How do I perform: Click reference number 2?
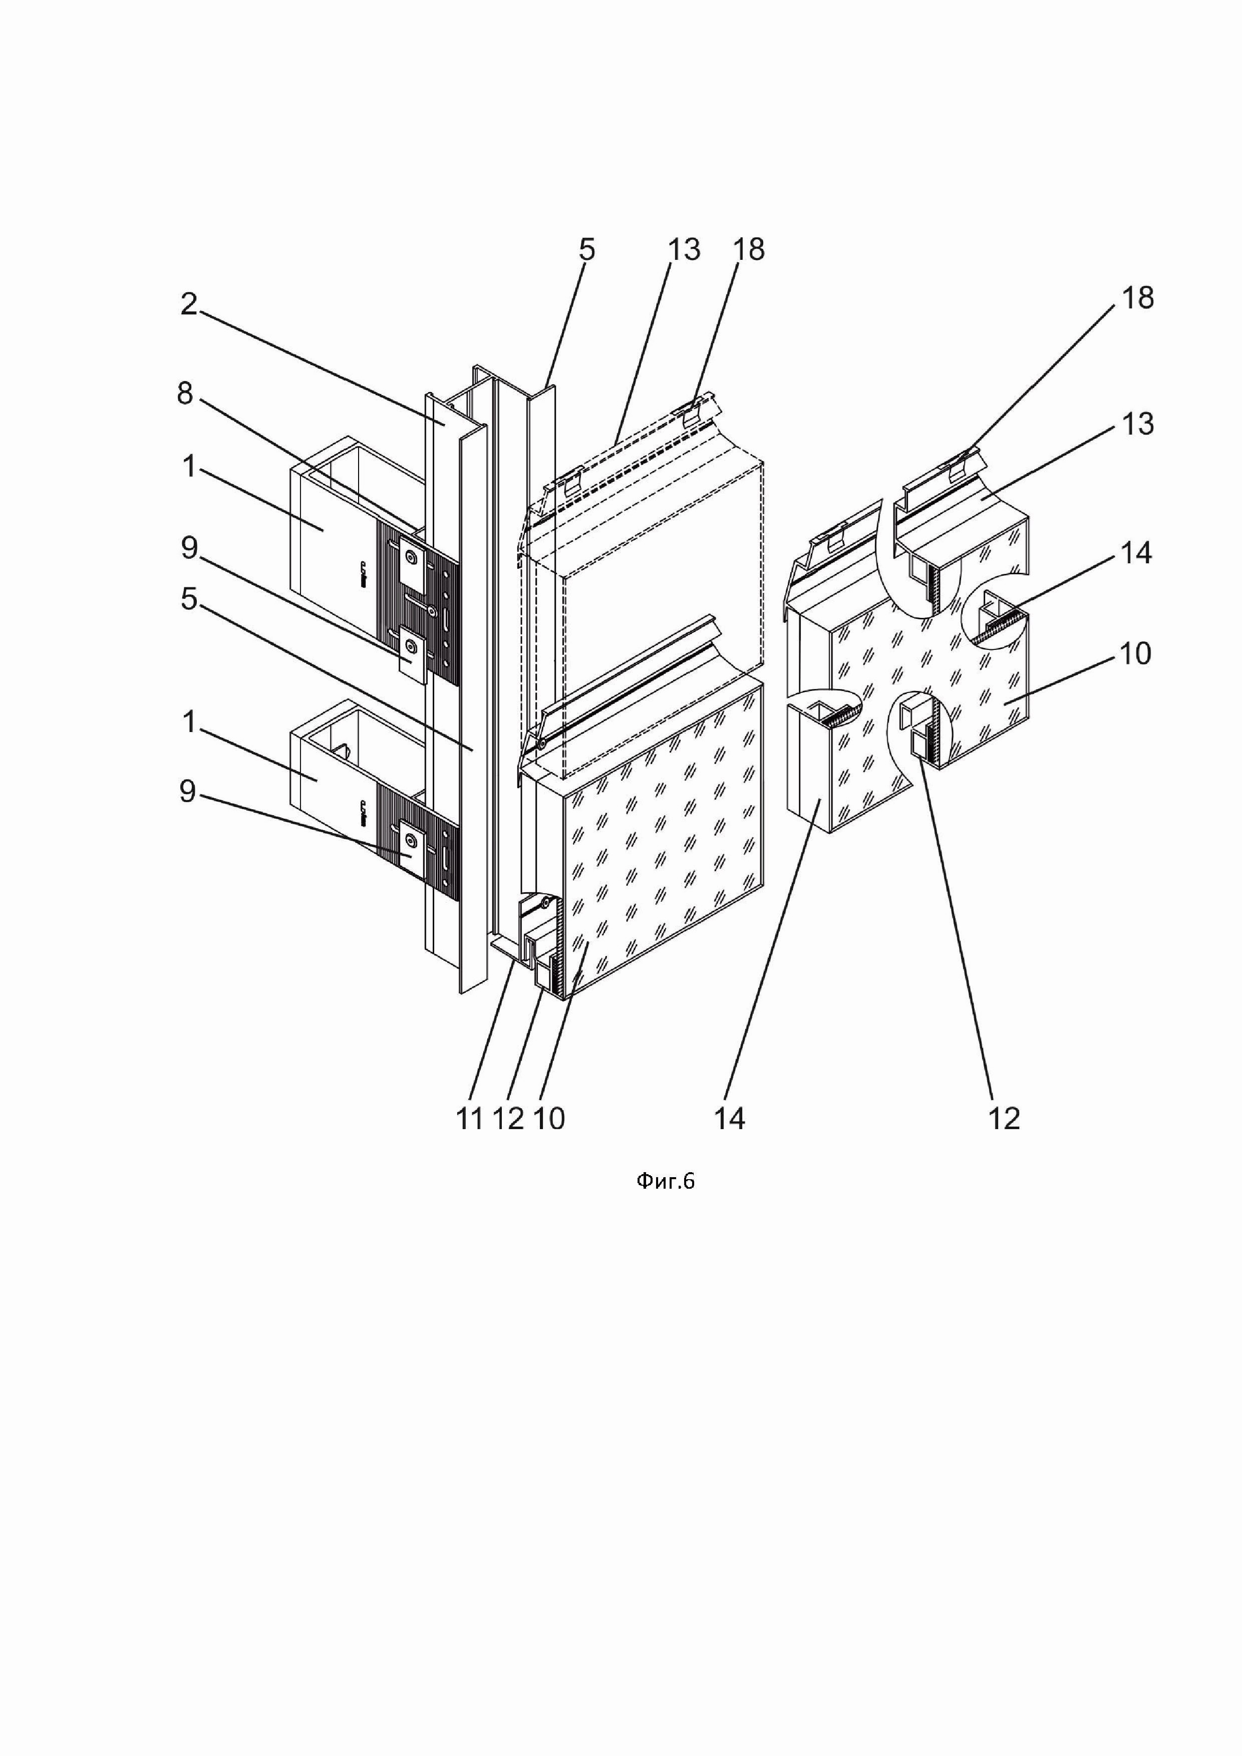(x=189, y=305)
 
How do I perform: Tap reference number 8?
(x=185, y=395)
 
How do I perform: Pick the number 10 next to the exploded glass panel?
(x=1136, y=654)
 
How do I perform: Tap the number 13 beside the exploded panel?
(x=1136, y=425)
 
